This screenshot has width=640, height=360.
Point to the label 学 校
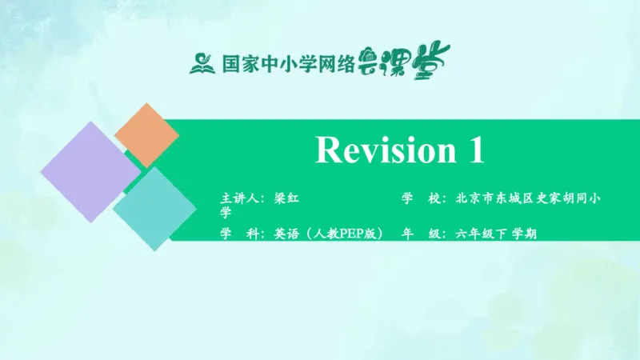tap(421, 198)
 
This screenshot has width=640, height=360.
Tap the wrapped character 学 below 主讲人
tap(226, 213)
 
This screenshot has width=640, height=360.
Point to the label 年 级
tap(421, 234)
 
